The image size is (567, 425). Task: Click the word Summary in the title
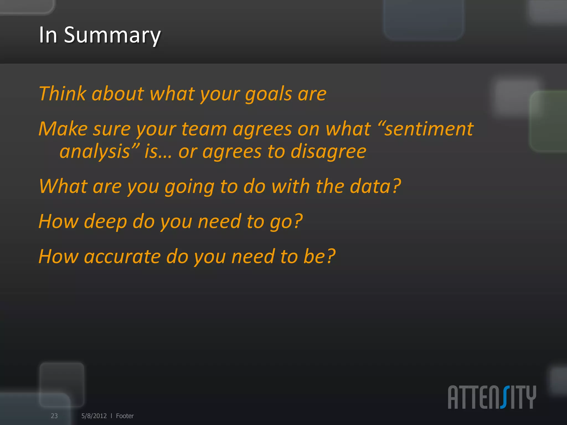112,35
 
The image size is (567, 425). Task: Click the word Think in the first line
62,94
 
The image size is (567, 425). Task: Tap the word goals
268,94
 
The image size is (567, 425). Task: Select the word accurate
122,256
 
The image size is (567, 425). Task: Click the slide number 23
54,416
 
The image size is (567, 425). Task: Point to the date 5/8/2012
94,416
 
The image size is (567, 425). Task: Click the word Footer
125,416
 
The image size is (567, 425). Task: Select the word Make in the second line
63,129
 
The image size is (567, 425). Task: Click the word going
189,186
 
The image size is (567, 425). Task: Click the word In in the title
48,35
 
